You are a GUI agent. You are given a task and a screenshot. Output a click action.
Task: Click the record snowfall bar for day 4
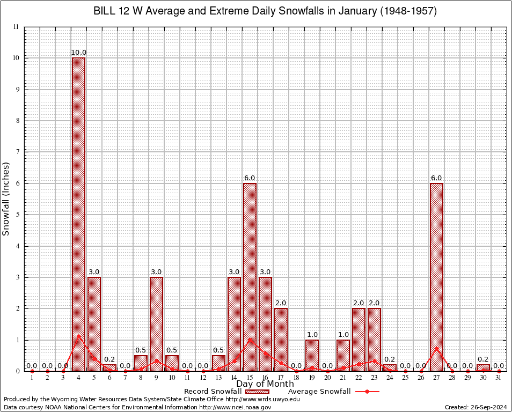pos(78,215)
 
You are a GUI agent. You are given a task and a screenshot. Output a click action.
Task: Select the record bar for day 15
pos(250,277)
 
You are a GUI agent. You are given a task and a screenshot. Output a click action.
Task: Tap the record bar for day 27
pos(436,277)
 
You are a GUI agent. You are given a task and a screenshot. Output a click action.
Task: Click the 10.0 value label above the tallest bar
pos(78,53)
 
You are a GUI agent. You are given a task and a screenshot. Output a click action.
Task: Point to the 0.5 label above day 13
pos(218,350)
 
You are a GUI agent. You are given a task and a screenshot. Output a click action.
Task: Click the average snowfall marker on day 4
pos(78,336)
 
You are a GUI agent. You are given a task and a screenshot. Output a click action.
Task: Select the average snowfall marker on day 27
pos(436,348)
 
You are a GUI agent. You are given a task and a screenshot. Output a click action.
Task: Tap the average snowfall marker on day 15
pos(250,340)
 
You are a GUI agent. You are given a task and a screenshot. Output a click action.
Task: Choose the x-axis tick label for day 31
pos(499,378)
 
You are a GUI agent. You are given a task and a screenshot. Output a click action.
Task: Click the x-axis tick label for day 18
pos(296,378)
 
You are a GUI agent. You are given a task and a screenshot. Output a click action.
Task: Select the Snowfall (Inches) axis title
pos(6,198)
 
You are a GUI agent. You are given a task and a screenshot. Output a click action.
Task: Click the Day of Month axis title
pos(265,384)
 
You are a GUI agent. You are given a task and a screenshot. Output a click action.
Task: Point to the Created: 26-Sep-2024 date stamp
pos(476,407)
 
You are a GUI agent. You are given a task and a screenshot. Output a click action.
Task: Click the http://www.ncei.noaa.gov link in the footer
pos(235,407)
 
